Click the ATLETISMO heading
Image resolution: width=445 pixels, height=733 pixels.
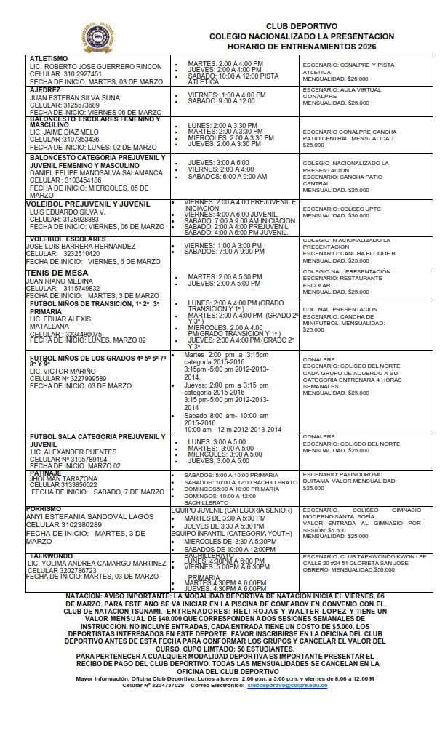[x=49, y=58]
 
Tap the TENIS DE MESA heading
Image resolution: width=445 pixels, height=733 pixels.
[x=57, y=272]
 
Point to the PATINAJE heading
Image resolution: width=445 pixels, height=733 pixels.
[x=46, y=473]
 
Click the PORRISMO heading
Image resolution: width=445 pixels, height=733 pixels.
[x=43, y=509]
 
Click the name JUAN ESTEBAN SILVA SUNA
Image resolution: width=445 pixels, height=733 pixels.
[x=75, y=97]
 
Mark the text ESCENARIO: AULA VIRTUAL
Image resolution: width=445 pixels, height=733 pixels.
[x=342, y=88]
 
